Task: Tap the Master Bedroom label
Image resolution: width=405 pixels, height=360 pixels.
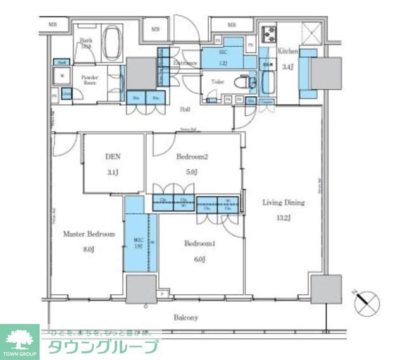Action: pyautogui.click(x=89, y=234)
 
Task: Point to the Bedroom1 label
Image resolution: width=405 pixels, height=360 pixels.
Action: pyautogui.click(x=199, y=243)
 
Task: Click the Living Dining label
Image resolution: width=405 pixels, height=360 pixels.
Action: pyautogui.click(x=283, y=203)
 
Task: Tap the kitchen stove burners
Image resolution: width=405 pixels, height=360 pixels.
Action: pyautogui.click(x=268, y=32)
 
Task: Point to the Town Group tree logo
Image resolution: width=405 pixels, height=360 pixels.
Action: pyautogui.click(x=20, y=338)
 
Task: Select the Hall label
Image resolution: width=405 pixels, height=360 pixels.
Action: pyautogui.click(x=185, y=109)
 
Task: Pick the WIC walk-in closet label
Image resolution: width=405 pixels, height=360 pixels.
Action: pyautogui.click(x=139, y=240)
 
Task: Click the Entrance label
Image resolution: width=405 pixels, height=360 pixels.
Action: pyautogui.click(x=185, y=63)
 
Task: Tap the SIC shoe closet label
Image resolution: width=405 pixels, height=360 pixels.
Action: pyautogui.click(x=222, y=54)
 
